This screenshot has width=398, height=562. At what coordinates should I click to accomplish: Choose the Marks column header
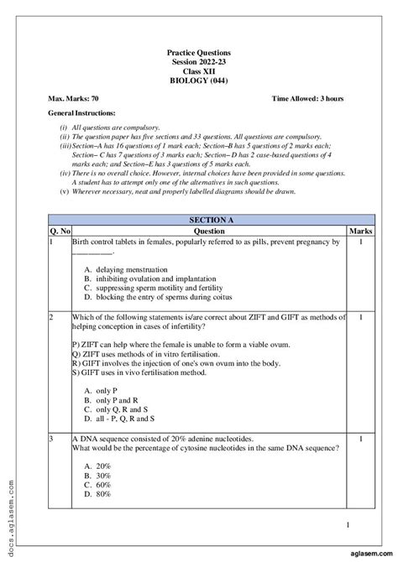(x=359, y=229)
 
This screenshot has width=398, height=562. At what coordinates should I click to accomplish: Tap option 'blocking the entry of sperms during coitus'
(x=156, y=296)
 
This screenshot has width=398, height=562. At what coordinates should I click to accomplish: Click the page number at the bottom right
(x=348, y=525)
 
